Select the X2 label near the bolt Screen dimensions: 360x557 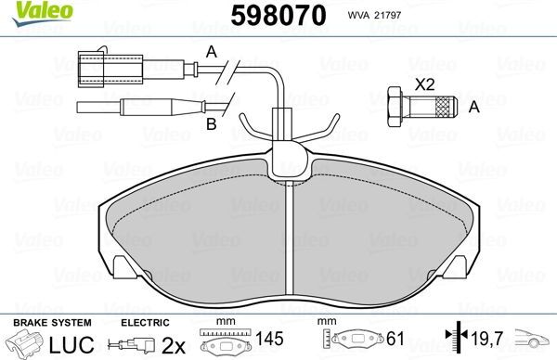(x=424, y=84)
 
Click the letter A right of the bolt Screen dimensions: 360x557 (x=473, y=108)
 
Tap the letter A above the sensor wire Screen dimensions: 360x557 (x=211, y=51)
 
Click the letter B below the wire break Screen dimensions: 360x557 (x=211, y=122)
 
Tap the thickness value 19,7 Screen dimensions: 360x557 (x=481, y=341)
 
